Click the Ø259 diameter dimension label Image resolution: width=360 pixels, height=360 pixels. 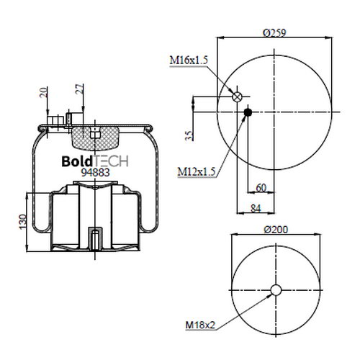tap(274, 32)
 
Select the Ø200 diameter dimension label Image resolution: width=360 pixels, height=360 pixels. tap(276, 230)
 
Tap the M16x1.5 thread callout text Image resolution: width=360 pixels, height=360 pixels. tap(189, 60)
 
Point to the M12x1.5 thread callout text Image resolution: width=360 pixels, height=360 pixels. tap(197, 171)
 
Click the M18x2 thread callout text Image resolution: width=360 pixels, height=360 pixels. tap(200, 325)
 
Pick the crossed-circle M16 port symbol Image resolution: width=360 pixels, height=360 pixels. tap(237, 96)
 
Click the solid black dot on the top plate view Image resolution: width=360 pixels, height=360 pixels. tap(248, 112)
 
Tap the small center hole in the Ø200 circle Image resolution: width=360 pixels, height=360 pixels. tap(276, 290)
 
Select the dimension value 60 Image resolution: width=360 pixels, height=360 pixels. tap(261, 188)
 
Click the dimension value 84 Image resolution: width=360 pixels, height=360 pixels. tap(256, 208)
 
